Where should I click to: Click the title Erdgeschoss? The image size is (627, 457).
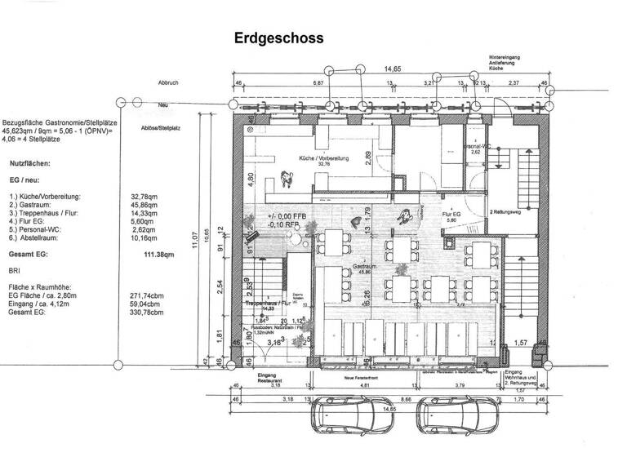[x=278, y=38]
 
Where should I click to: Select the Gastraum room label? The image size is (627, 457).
[x=363, y=268]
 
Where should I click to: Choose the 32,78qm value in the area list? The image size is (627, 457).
[x=145, y=197]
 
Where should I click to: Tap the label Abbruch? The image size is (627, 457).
[x=168, y=83]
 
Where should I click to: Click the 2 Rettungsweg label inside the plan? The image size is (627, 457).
[x=506, y=211]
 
